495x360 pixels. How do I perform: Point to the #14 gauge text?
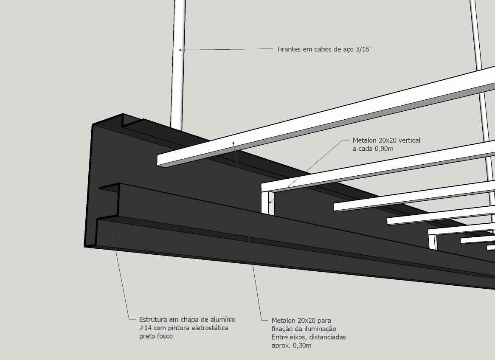pyautogui.click(x=146, y=328)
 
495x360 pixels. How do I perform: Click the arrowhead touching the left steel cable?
pyautogui.click(x=180, y=50)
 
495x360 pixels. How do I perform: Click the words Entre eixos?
pyautogui.click(x=289, y=337)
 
